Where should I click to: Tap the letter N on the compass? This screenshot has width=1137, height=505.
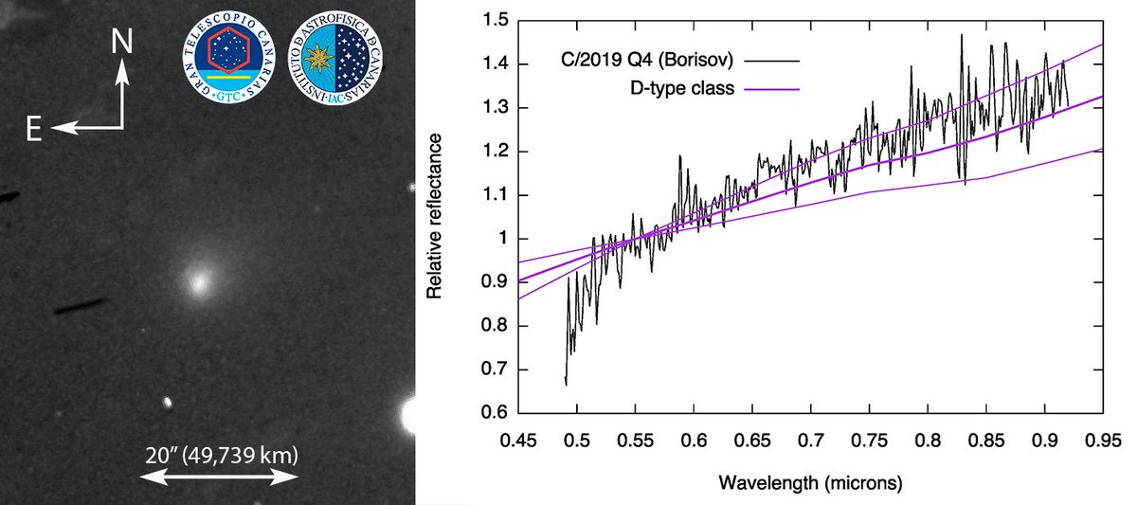pos(120,40)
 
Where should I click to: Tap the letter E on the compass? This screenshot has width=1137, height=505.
pos(33,131)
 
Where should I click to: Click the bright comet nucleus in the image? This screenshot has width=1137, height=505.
pos(198,280)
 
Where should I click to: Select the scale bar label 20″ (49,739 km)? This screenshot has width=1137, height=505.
pos(219,456)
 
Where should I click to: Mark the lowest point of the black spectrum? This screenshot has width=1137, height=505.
pos(566,384)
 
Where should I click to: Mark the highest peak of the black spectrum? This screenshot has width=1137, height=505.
pos(961,35)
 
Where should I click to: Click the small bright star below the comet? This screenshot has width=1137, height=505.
pos(168,402)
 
